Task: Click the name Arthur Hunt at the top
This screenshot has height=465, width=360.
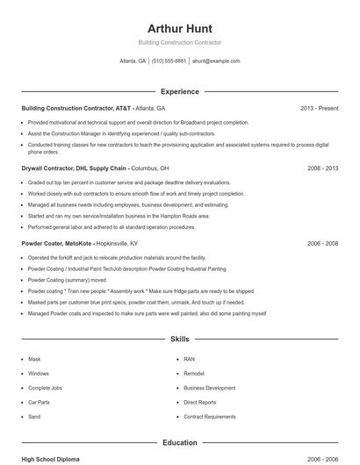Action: [179, 28]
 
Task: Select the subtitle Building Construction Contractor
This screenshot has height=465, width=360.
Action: [179, 42]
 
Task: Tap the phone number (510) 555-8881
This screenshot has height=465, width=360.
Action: [169, 61]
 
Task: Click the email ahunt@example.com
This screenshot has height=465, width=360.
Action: [216, 61]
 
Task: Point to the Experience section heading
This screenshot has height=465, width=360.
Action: [179, 91]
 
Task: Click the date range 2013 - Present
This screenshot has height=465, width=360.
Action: [319, 109]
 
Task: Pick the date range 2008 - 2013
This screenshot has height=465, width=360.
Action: [322, 168]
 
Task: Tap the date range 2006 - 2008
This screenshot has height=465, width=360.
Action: [322, 243]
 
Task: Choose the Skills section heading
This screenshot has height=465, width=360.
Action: [179, 338]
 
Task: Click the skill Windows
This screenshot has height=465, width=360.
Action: [39, 373]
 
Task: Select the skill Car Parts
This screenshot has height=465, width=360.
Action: [40, 402]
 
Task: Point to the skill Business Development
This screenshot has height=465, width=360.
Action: [209, 388]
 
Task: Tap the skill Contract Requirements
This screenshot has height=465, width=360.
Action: [209, 417]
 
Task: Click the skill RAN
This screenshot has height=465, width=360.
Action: [189, 359]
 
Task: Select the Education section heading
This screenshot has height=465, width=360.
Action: [179, 443]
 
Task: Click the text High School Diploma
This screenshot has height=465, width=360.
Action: [51, 459]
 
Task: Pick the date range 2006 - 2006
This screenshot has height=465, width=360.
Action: [322, 459]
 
